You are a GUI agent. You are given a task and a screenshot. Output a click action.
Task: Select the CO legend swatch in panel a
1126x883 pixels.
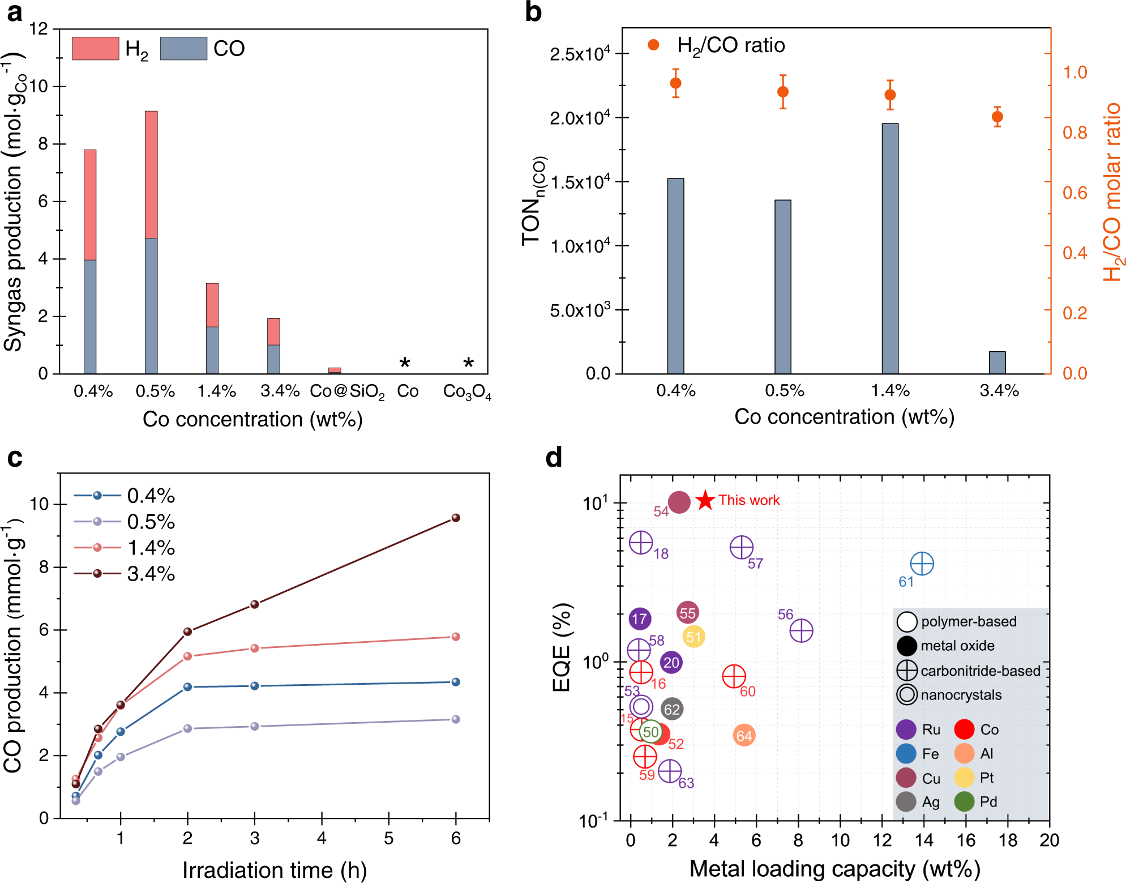point(183,49)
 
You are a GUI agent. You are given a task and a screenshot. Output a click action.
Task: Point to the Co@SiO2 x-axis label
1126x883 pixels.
point(347,391)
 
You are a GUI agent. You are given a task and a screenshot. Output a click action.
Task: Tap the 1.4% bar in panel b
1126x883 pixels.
point(890,249)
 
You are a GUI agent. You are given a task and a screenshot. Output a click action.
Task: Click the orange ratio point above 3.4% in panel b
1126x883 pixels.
point(997,117)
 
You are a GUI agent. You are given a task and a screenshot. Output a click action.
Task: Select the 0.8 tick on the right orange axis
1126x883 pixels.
point(1074,133)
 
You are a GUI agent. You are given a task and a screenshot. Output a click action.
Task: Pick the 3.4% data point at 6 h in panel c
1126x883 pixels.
point(456,518)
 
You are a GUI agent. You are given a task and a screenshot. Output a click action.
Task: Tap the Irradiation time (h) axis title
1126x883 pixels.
point(275,870)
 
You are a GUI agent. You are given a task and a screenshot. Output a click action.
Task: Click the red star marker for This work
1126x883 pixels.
point(705,500)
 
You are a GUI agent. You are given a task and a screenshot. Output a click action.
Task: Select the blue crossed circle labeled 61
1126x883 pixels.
point(922,564)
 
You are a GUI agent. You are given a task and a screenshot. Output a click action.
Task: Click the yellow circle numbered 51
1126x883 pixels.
point(693,637)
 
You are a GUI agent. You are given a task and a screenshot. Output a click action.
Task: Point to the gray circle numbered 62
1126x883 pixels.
point(672,709)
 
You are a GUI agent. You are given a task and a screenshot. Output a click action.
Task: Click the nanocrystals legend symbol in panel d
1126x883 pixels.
point(907,695)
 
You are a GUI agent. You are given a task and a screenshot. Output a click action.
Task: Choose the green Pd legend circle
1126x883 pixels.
point(964,801)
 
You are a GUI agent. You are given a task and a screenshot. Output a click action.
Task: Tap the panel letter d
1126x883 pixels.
point(554,457)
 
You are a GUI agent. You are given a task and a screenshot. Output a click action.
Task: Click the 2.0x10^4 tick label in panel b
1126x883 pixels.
point(580,118)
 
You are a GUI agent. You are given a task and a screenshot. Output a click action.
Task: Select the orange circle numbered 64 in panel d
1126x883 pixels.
point(744,735)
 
